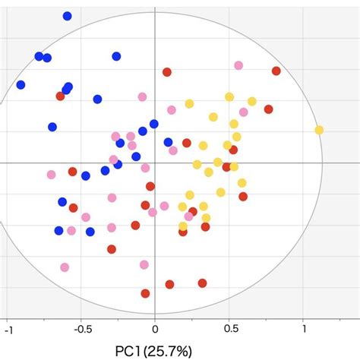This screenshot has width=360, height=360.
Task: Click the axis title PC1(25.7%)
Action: coord(155,351)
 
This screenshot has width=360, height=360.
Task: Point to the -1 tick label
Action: coord(8,330)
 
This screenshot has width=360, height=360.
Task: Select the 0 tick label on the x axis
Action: coord(155,330)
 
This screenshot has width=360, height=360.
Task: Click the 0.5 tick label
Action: coord(229,330)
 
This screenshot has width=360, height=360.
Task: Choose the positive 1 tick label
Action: coord(304,330)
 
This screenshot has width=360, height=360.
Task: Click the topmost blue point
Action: coord(68,16)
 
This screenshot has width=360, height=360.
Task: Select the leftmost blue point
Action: coord(21,85)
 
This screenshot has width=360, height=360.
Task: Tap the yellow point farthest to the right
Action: coord(319,130)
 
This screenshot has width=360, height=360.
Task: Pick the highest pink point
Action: coord(238,65)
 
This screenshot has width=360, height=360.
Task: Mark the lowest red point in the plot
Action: coord(145,293)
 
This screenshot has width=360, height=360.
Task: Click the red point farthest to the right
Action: coord(276,71)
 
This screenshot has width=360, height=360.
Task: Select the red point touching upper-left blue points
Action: coord(60,96)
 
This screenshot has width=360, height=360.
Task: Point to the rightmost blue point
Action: coord(168,141)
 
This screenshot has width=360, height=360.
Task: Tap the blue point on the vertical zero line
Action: coord(154,124)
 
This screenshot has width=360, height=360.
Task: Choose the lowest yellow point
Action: coord(183,226)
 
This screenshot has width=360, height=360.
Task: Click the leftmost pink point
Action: coord(51,175)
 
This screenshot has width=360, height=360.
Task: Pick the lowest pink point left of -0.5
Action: coord(65,267)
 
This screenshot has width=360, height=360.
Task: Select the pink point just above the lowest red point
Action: coord(144,264)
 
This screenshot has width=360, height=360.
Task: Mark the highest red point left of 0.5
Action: coord(167,72)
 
